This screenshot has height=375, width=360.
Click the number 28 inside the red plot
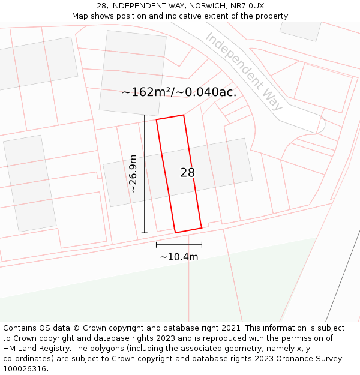[x=187, y=173]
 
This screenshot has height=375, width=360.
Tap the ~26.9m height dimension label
[x=133, y=173]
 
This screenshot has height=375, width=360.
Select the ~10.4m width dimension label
[x=179, y=257]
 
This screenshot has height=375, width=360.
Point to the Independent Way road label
[x=244, y=71]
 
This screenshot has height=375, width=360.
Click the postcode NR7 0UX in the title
[x=247, y=5]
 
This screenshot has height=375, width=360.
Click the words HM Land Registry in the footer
[x=35, y=349]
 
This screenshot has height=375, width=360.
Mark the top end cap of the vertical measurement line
[x=144, y=115]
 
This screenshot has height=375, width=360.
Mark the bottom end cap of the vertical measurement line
[x=144, y=233]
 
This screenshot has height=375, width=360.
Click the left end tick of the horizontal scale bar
[x=157, y=244]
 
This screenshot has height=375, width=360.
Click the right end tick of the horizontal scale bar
[x=202, y=244]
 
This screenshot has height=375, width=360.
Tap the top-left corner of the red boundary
[x=157, y=119]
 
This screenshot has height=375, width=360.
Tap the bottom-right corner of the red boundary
[x=202, y=227]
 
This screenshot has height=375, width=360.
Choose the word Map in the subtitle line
[x=80, y=16]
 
